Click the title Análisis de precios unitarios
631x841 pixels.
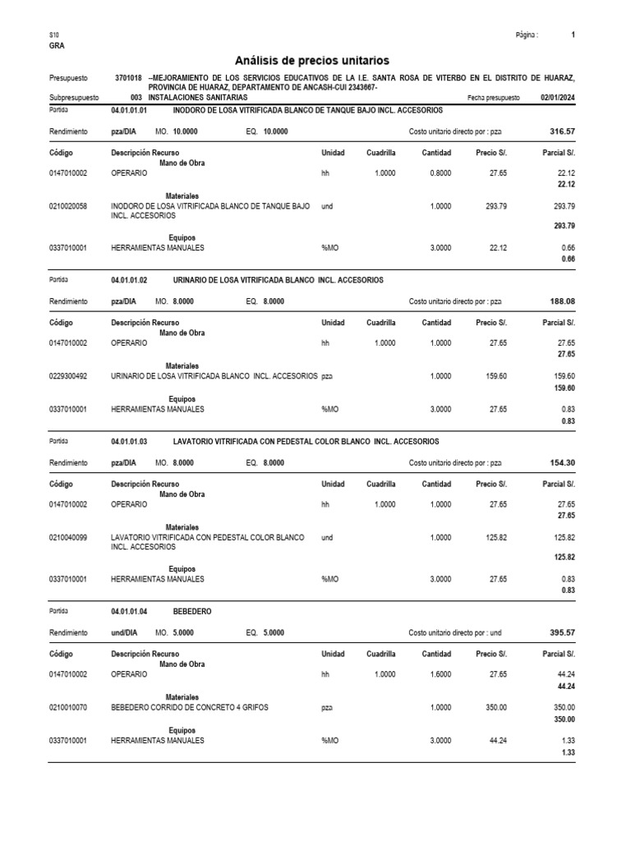point(312,61)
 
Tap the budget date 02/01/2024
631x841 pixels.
point(558,97)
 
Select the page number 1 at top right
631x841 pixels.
point(573,35)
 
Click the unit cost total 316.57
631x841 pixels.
point(562,131)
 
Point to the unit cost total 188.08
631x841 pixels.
point(562,301)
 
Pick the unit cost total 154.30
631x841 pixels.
point(562,462)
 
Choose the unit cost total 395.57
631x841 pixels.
point(562,633)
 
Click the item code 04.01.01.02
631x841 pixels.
point(129,280)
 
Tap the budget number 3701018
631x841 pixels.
point(128,77)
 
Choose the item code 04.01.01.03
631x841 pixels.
point(129,441)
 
